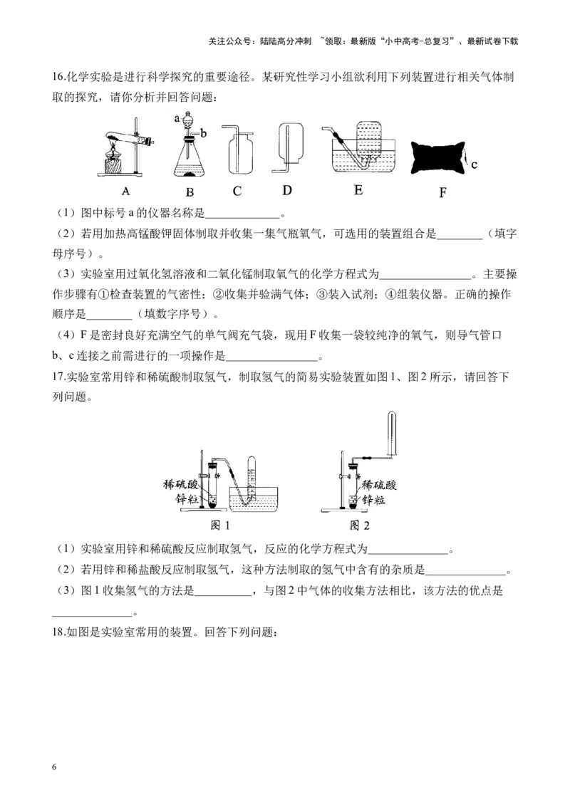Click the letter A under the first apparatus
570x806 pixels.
(125, 190)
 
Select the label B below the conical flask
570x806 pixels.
(190, 192)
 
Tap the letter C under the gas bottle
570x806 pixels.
(237, 191)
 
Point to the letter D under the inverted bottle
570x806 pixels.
(287, 189)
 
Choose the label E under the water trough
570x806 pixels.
(358, 189)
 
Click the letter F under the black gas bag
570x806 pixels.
(442, 192)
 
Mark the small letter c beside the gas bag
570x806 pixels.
(474, 164)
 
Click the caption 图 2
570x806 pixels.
(360, 525)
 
